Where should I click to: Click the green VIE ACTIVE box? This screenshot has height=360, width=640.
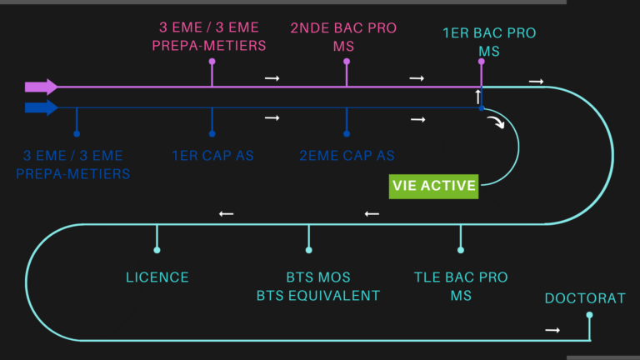tap(434, 185)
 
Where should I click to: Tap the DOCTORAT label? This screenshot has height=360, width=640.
tap(584, 298)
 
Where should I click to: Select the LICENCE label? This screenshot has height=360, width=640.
tap(157, 277)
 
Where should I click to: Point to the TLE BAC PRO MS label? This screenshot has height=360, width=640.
tap(461, 286)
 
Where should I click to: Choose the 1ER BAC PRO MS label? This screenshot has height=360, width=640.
tap(489, 42)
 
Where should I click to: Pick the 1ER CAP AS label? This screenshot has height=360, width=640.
tap(212, 155)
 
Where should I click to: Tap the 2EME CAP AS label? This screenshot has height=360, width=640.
tap(347, 155)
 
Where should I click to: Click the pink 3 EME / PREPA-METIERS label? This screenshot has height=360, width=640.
tap(209, 37)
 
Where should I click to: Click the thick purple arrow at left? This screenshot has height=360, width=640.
tap(41, 87)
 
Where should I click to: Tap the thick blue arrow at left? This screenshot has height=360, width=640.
tap(41, 107)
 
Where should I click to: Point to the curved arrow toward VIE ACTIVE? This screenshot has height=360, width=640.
tap(497, 124)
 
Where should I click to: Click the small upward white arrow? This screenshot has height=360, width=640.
tap(477, 97)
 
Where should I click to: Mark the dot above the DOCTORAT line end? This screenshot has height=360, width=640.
tap(589, 315)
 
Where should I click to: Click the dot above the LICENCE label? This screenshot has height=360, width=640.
tap(157, 250)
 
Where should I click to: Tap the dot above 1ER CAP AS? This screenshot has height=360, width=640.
tap(212, 133)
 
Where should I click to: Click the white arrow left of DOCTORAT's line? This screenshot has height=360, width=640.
tap(552, 330)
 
